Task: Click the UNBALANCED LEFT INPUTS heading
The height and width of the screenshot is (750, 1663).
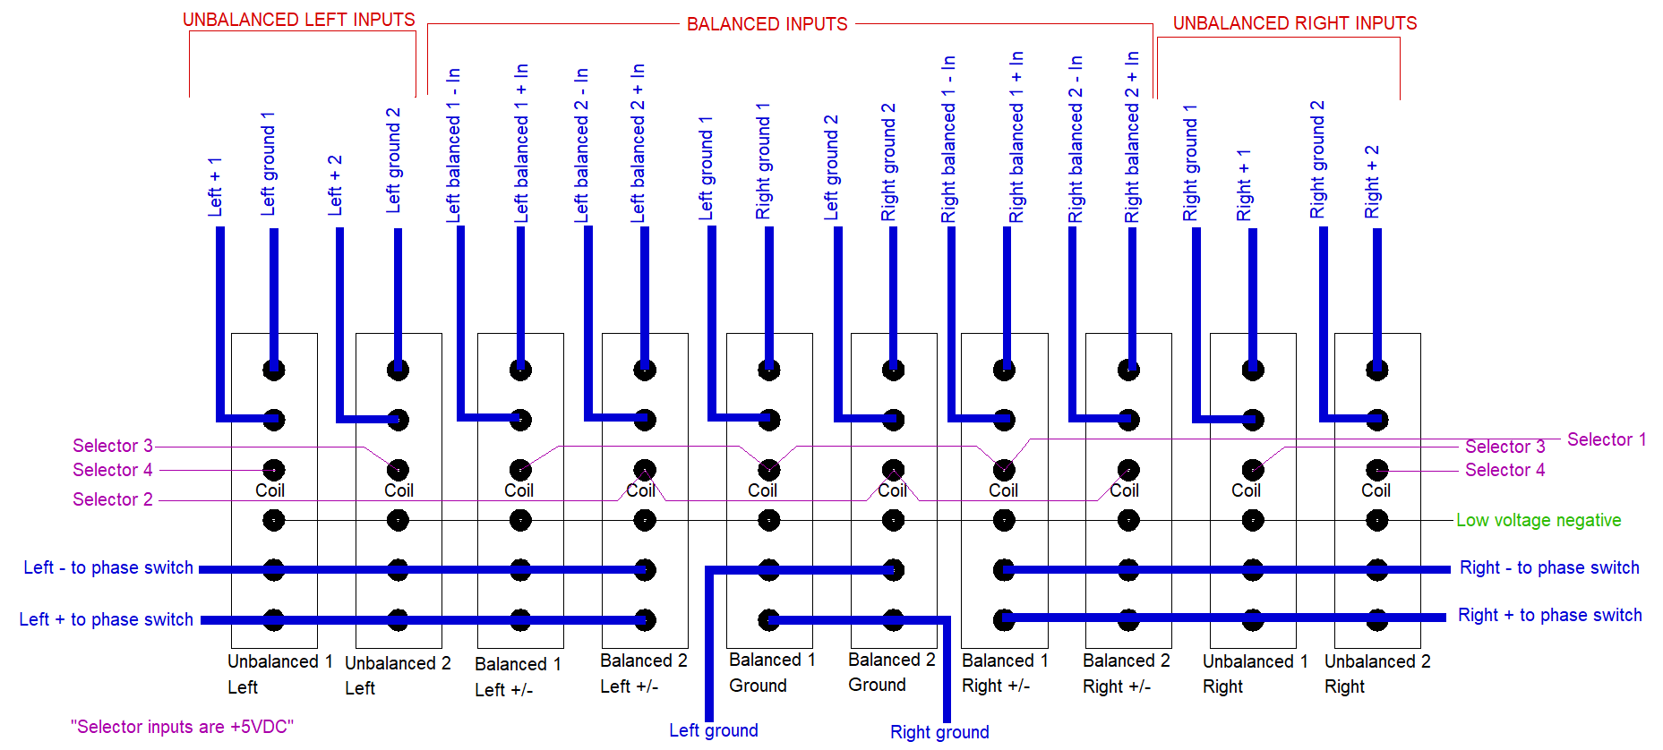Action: (298, 20)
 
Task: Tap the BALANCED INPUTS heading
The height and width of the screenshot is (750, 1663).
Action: (767, 24)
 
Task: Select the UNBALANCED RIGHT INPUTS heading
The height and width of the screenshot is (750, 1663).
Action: (1294, 23)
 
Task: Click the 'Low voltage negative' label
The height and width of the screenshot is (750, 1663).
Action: (1538, 520)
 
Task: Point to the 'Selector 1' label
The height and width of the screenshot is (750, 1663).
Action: (1606, 439)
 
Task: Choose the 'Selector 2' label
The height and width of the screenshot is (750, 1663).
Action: (112, 499)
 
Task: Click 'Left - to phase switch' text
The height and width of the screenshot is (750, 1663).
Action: (107, 567)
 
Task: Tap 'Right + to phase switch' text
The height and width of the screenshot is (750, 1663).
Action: (1549, 615)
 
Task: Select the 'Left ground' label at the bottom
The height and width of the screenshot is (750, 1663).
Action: (713, 730)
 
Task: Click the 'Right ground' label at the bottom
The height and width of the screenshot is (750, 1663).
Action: (939, 732)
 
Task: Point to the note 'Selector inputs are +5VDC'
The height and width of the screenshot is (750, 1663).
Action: (182, 727)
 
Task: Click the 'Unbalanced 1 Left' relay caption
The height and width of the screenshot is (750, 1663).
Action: (279, 674)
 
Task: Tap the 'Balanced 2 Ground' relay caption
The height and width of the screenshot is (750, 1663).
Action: (891, 672)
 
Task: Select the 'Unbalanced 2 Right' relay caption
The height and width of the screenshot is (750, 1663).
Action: (1376, 674)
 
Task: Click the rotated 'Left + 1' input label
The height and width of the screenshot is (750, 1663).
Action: (215, 187)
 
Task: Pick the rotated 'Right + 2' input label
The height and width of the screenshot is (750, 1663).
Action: (1372, 182)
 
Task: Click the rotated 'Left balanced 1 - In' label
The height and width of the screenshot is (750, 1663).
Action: (453, 145)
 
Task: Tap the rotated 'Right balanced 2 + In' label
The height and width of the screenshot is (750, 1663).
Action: (1132, 137)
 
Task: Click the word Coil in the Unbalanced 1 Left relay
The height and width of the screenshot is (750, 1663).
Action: (270, 490)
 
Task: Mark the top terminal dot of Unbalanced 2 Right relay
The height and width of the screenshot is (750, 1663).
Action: (1376, 370)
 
